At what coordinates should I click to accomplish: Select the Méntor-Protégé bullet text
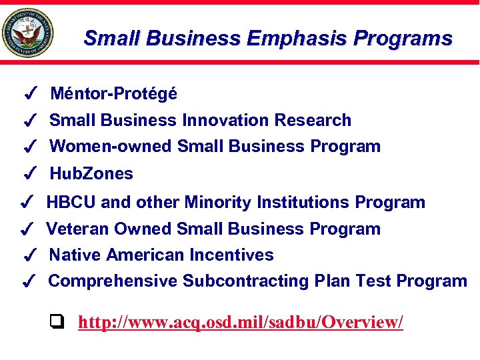tap(114, 94)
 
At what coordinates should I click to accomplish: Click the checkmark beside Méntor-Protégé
tap(29, 95)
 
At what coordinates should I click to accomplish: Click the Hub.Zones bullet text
tap(91, 174)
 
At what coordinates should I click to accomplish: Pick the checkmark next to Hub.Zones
tap(29, 175)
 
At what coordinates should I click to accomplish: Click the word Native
tap(75, 255)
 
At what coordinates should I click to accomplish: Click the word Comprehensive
tap(113, 281)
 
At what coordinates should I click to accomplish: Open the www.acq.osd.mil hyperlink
tap(241, 323)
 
